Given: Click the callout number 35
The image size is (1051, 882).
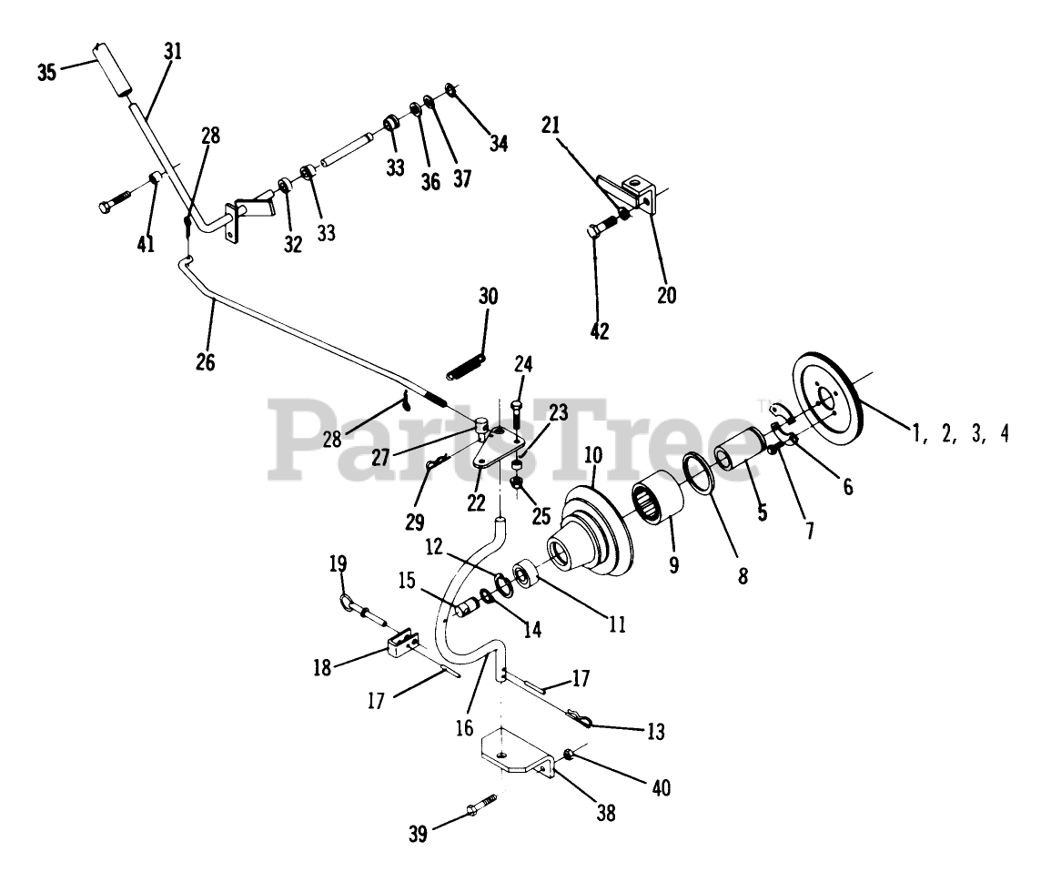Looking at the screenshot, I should (x=46, y=71).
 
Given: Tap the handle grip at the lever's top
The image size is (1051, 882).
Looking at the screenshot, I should (x=110, y=68).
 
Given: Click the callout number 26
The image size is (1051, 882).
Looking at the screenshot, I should (x=206, y=361).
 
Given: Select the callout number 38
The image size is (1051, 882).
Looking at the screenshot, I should (x=605, y=813).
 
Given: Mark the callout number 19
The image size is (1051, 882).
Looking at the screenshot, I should (x=339, y=564).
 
